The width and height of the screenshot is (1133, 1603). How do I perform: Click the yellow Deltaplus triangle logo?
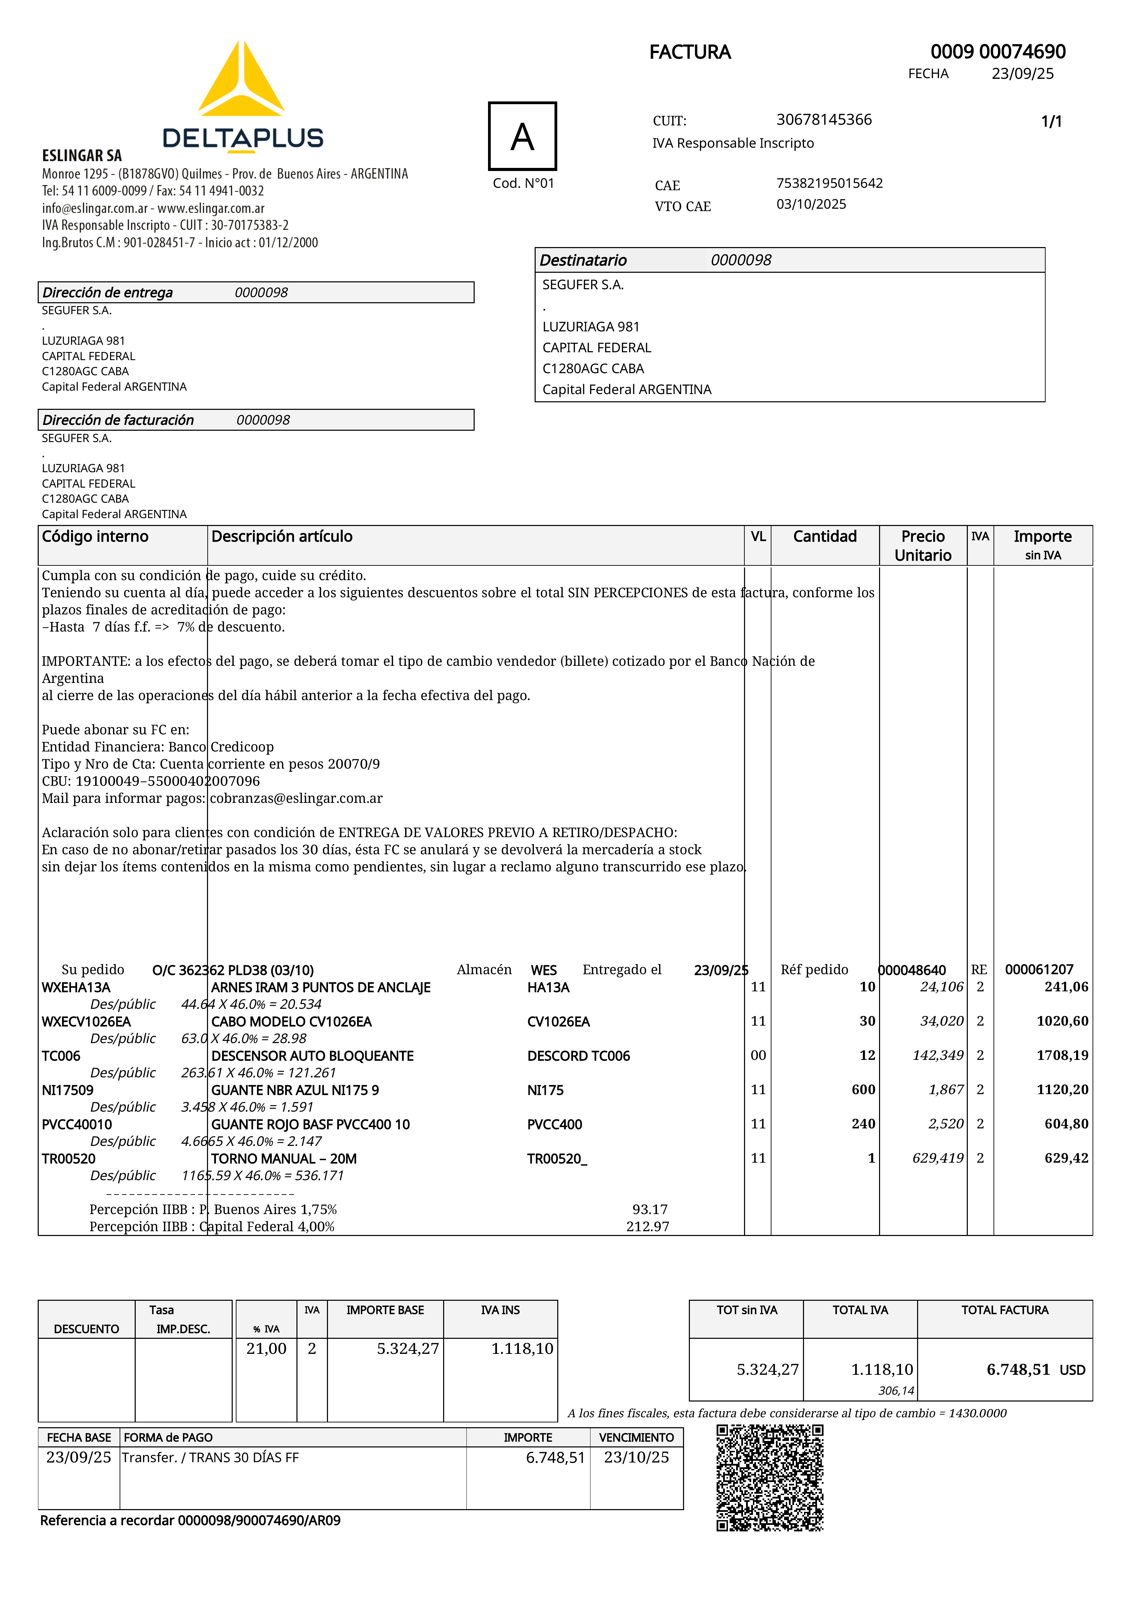(241, 82)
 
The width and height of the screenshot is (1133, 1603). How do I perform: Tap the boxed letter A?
(522, 136)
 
